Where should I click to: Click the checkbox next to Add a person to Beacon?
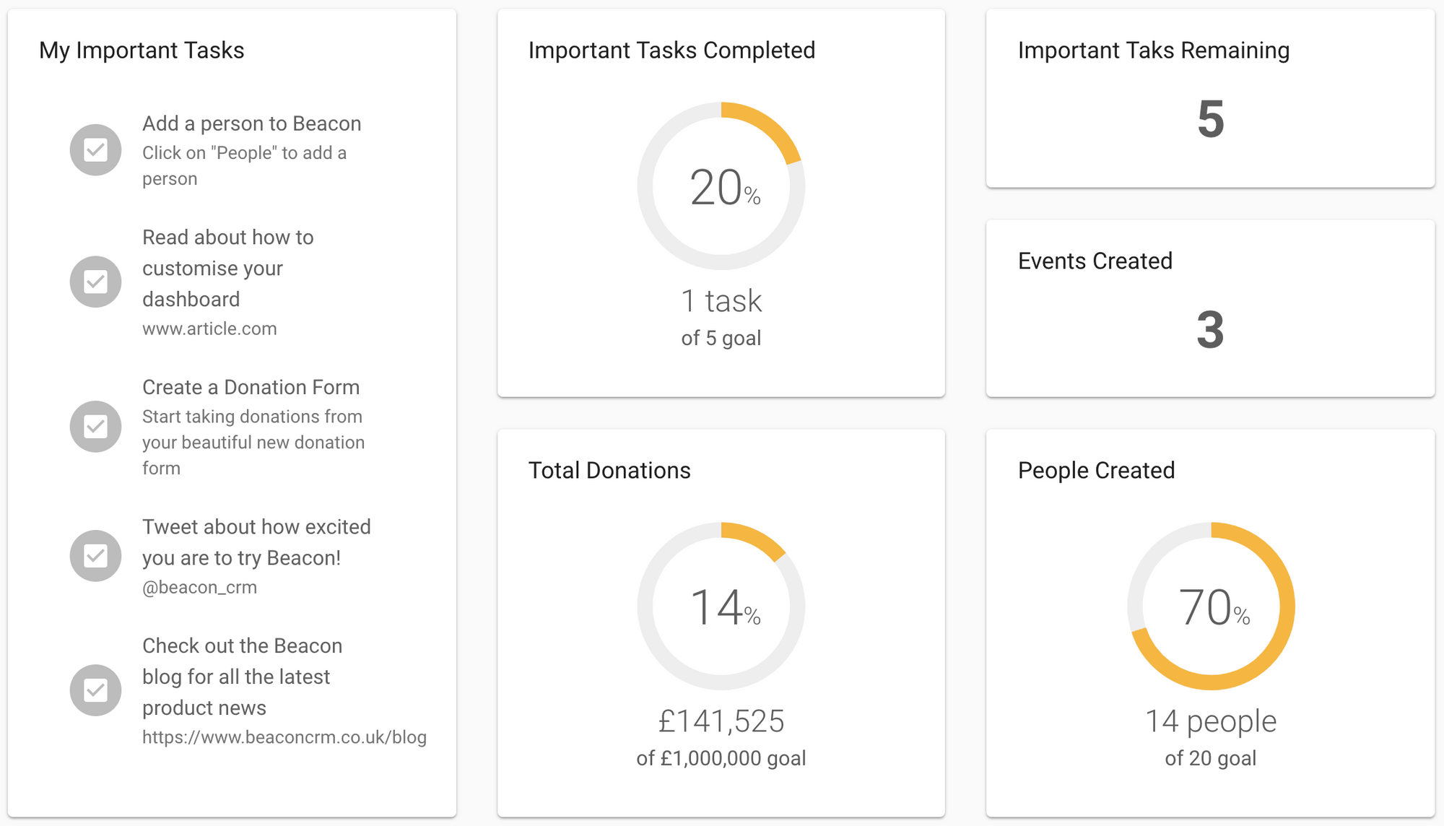95,150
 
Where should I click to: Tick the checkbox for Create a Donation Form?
95,427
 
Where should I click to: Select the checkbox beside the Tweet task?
95,556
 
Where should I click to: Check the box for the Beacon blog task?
95,690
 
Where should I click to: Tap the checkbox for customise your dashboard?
95,282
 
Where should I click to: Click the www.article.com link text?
209,329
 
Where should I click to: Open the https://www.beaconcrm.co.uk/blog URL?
284,737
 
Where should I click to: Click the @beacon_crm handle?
199,587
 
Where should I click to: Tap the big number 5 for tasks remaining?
1210,119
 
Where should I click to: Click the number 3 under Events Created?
1210,330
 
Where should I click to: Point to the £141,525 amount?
721,721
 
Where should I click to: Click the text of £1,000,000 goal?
721,758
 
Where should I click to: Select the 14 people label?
1211,721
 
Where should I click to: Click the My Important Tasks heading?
142,51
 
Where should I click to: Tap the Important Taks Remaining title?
1153,51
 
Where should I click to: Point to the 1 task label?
721,301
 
